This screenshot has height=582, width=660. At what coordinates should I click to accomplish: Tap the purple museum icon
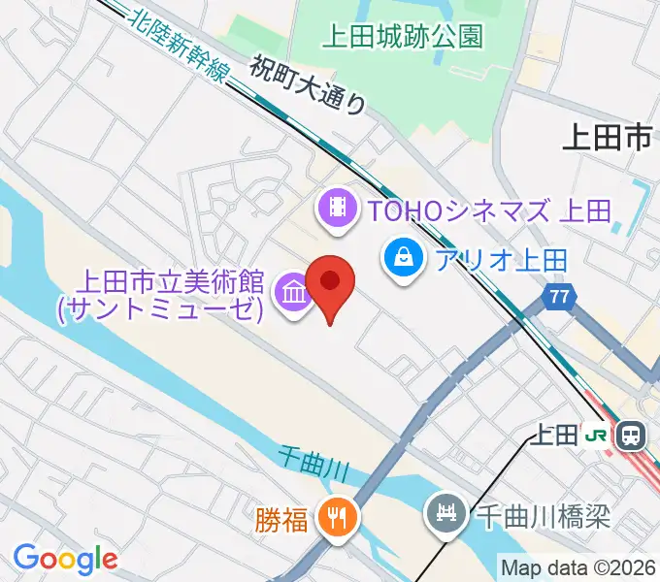(292, 291)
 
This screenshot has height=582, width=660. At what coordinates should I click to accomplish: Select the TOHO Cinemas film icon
(337, 209)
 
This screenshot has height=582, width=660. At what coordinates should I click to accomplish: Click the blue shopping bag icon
(401, 259)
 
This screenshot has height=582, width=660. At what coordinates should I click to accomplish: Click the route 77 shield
(557, 299)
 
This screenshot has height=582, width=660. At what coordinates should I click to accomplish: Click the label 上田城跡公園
(402, 37)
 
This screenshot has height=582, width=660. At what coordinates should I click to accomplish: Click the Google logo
(65, 559)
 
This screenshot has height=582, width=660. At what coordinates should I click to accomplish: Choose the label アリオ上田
(501, 260)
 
